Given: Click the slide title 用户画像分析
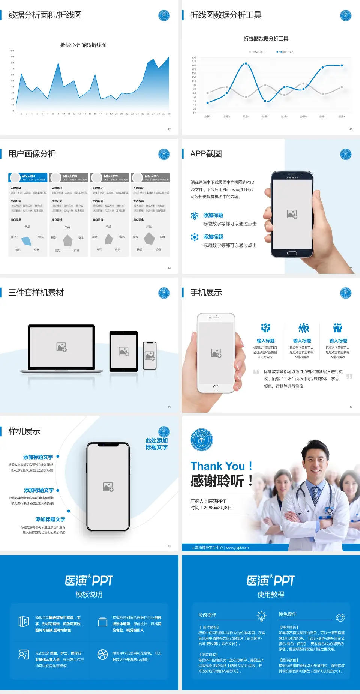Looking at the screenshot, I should point(32,154).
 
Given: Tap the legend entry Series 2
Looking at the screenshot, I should point(287,52).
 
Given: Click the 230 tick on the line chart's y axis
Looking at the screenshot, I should point(194,57).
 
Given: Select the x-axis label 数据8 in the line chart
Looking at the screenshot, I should point(342,117).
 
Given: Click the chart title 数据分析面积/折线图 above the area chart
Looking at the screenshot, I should point(83,45).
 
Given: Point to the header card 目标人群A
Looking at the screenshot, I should point(28,177).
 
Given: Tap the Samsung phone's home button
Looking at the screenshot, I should point(292,253).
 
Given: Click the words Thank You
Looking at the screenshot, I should point(217,466).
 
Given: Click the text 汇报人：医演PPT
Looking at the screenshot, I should point(208,501).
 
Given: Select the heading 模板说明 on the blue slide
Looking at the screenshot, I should point(89,595).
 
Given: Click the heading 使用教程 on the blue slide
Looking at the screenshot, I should point(271,595).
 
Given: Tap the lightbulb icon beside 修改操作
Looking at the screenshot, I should point(261,616).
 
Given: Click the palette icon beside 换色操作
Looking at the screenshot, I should point(340,617).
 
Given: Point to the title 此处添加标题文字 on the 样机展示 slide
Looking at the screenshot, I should point(156,444).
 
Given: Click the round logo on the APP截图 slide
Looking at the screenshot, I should point(346,154).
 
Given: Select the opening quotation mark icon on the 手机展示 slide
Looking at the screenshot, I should point(256,372).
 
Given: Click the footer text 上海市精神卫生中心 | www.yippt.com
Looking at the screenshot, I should point(220,548).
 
